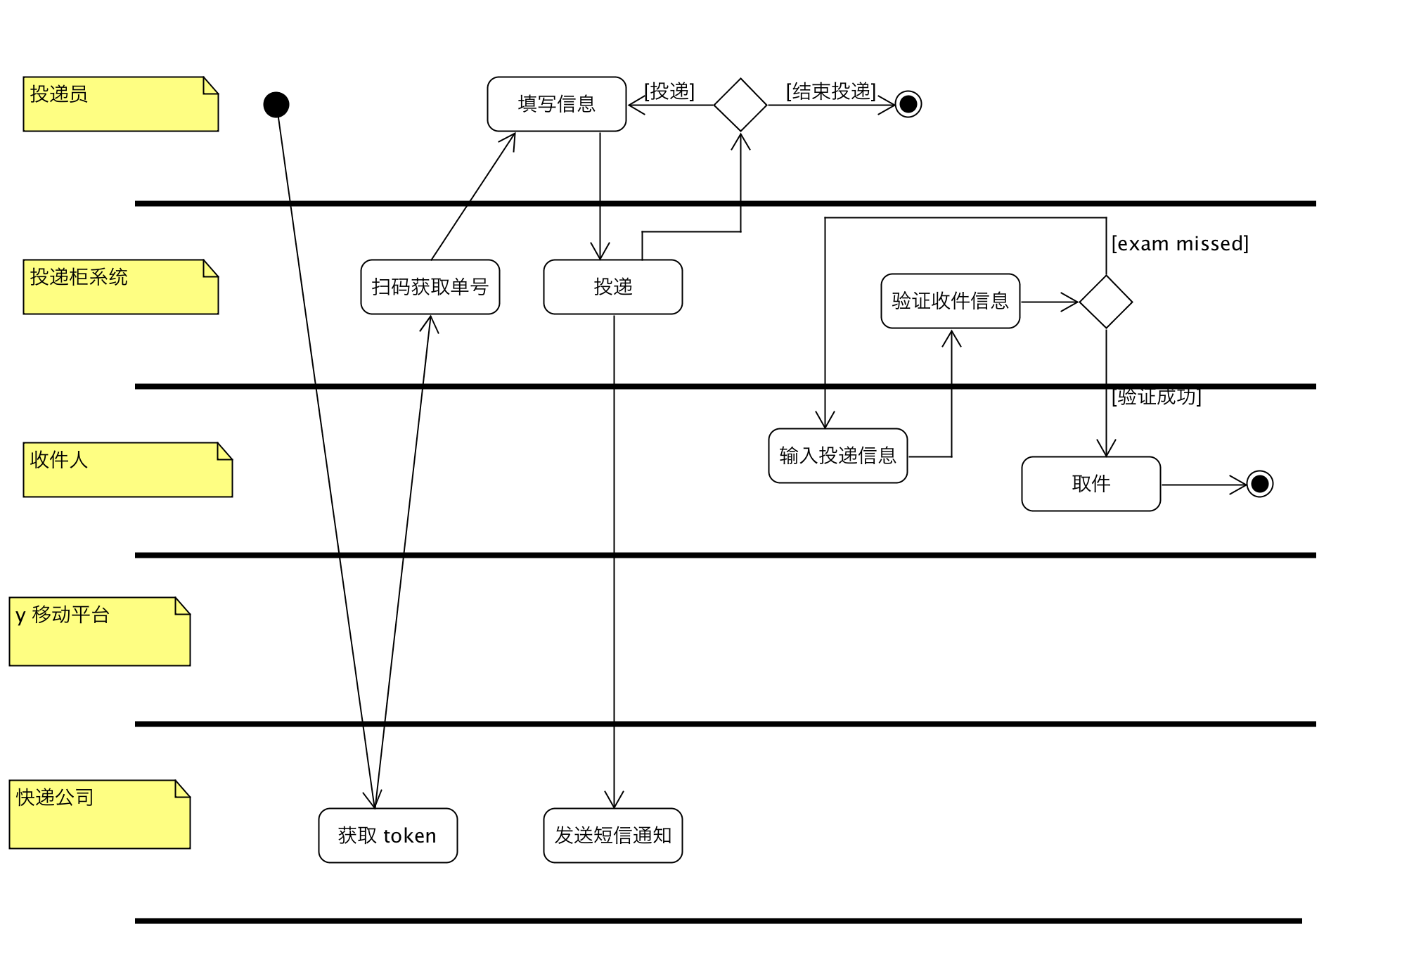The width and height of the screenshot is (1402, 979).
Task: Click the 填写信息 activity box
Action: (556, 104)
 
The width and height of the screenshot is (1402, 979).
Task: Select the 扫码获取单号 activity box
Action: (430, 287)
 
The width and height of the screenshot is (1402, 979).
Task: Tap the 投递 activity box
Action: (612, 287)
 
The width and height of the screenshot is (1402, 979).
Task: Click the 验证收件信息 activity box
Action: (950, 301)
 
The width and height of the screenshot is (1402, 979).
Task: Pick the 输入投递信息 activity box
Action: (837, 456)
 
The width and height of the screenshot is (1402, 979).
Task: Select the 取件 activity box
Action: (1091, 484)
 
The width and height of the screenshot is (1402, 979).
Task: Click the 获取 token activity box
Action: (387, 836)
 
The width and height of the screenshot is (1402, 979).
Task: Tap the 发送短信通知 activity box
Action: (612, 836)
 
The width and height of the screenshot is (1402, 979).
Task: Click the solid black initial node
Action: (276, 105)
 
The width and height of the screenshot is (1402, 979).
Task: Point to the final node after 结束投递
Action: (908, 104)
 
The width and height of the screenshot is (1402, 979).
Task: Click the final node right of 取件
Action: (1260, 484)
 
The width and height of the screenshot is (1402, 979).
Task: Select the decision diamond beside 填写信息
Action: (740, 105)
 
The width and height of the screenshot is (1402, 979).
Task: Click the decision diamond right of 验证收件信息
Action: (1106, 302)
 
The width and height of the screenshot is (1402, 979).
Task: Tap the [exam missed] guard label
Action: (1180, 244)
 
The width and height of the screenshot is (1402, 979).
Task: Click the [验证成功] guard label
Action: (1157, 397)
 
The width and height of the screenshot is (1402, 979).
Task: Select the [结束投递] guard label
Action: (831, 91)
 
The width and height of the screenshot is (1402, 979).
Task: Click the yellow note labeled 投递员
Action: (120, 104)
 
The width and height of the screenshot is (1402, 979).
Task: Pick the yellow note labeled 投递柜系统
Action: (120, 287)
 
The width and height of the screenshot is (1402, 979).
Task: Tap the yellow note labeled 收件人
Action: (127, 470)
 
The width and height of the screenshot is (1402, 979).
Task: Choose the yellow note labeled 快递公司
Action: (99, 814)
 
